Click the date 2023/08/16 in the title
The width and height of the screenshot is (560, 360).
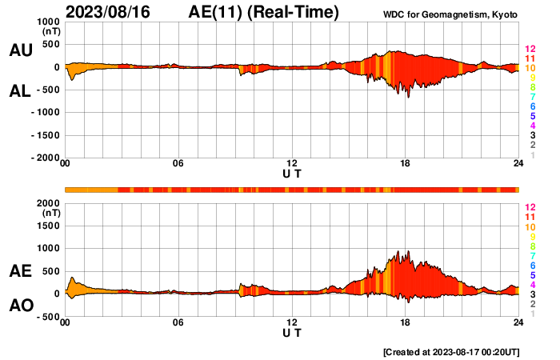tap(108, 12)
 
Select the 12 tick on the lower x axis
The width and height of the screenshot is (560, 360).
tap(292, 322)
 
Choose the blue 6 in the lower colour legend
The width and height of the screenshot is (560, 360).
tap(530, 265)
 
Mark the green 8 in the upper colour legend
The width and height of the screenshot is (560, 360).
tap(530, 88)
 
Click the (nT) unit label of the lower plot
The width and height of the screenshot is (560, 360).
tap(50, 213)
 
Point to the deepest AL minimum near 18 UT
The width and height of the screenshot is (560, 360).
tap(408, 97)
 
